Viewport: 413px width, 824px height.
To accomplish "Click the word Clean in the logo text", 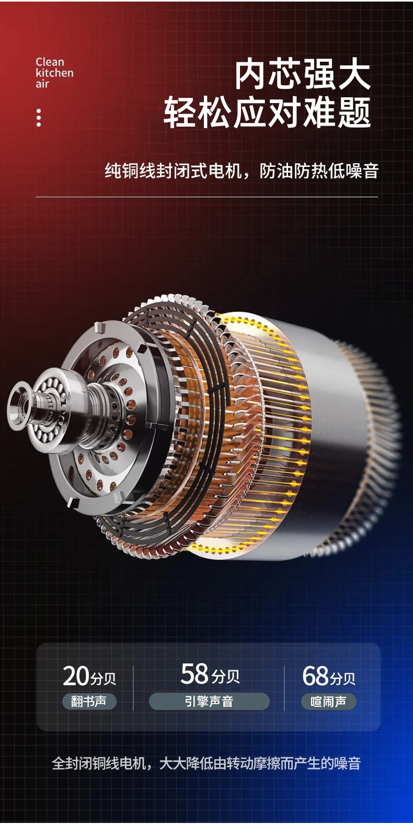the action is coord(50,62).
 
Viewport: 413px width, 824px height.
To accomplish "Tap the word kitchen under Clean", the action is coord(55,73).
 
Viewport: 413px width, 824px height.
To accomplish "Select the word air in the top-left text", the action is coord(42,84).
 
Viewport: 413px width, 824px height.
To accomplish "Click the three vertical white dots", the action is coord(39,118).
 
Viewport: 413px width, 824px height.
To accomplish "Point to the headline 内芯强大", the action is coord(303,75).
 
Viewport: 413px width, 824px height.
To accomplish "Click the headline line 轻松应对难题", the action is coord(267,112).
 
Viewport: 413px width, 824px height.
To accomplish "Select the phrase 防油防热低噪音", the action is coord(319,171).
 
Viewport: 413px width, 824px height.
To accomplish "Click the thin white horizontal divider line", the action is coord(206,197).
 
